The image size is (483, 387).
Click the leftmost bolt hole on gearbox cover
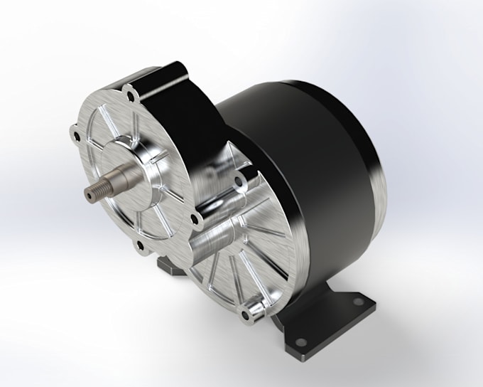coord(75,131)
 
